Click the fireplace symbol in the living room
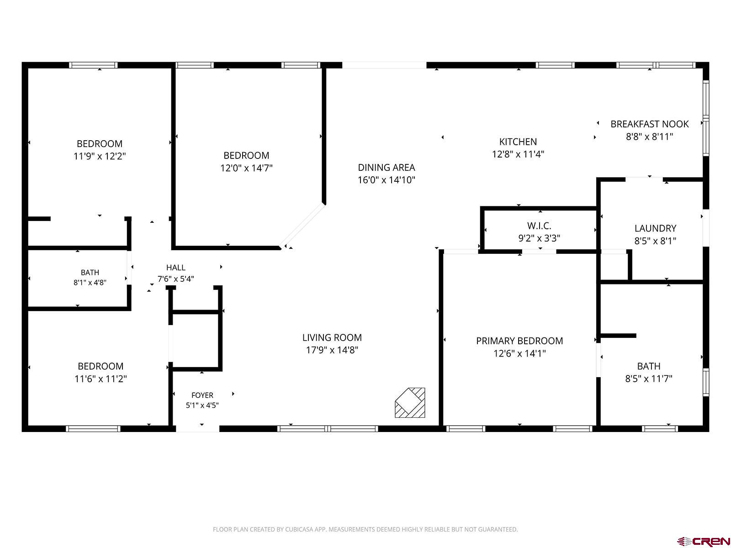pos(410,402)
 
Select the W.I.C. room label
pos(539,226)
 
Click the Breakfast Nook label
pos(649,124)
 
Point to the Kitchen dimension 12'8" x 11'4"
pos(518,154)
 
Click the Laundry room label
pos(655,228)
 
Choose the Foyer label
pos(202,395)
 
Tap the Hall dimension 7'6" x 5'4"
pos(175,279)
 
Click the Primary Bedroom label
pos(519,341)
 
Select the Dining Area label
pos(387,167)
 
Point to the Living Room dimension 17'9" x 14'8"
pos(332,350)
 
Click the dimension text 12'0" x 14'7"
pos(246,168)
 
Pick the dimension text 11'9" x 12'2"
pos(100,156)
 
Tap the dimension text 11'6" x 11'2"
pos(101,379)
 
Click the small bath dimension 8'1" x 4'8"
pos(90,283)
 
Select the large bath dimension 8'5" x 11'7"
pos(648,379)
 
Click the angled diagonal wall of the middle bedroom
pos(302,225)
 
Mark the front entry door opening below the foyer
pos(197,429)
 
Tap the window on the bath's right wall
pos(706,382)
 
